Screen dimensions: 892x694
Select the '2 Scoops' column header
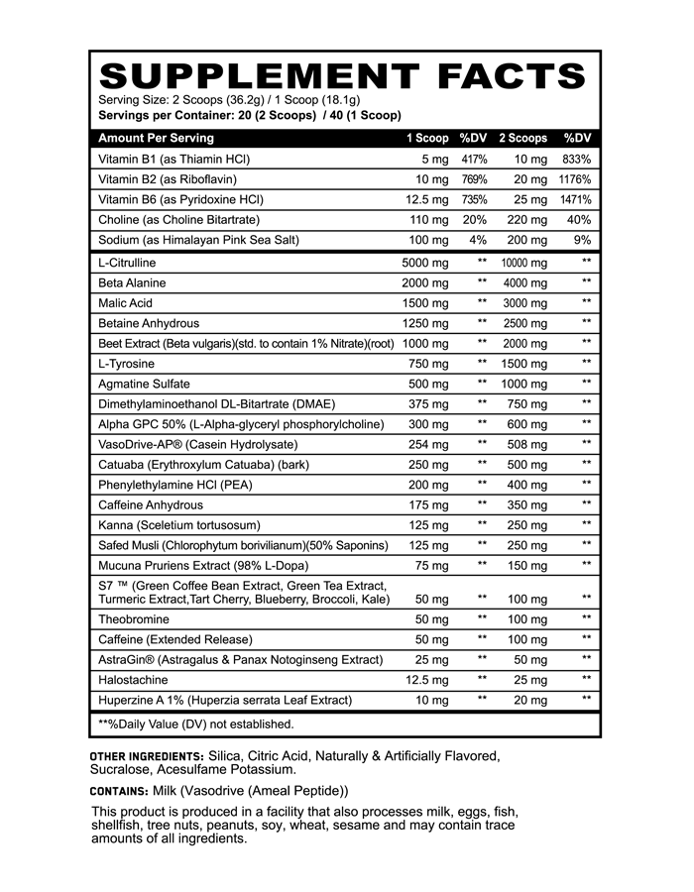coord(522,138)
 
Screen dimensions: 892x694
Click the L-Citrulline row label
coord(127,263)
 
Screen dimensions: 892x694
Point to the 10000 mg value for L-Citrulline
coord(524,263)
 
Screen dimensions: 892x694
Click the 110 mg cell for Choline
coord(428,220)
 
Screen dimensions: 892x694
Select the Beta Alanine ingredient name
coord(131,282)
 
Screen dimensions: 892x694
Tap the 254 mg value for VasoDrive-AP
coord(428,444)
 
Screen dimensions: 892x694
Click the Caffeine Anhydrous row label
coord(151,504)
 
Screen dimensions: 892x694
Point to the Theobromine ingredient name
coord(133,618)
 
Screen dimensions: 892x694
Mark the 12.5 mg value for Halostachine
coord(427,680)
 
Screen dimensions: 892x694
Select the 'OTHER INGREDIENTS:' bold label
coord(147,757)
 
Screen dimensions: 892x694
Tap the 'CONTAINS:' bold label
coord(119,791)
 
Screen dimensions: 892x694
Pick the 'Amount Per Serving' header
coord(157,138)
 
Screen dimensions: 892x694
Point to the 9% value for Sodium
coord(582,240)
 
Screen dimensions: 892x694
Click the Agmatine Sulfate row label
coord(144,384)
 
